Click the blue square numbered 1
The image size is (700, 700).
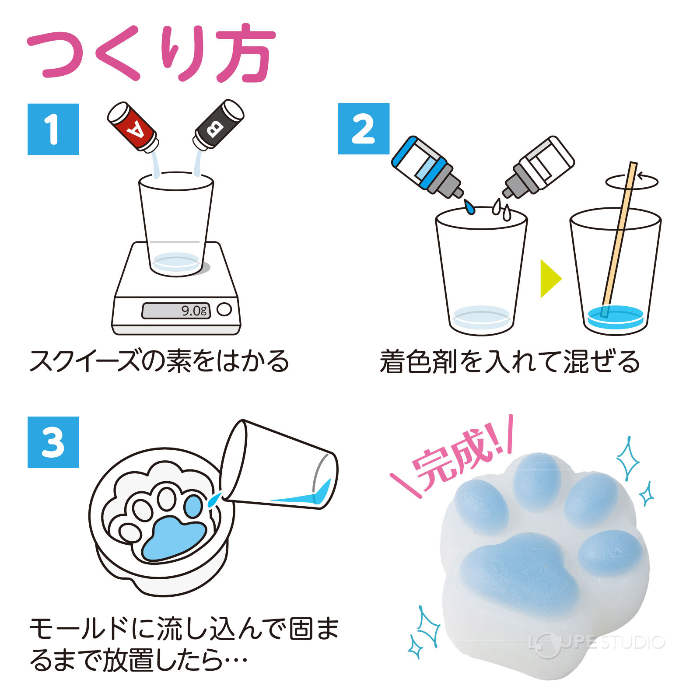click(53, 129)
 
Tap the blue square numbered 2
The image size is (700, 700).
click(364, 129)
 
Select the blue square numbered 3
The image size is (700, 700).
click(53, 442)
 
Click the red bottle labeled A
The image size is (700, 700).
click(133, 126)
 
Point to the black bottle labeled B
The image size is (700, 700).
click(218, 125)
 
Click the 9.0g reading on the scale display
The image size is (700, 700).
click(194, 311)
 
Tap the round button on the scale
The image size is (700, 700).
click(224, 309)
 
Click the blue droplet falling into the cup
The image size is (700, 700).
click(469, 207)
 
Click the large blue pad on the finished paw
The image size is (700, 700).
click(518, 569)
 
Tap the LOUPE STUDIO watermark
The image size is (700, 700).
click(597, 642)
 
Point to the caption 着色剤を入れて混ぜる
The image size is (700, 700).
click(510, 362)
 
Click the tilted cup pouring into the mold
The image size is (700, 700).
click(280, 466)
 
